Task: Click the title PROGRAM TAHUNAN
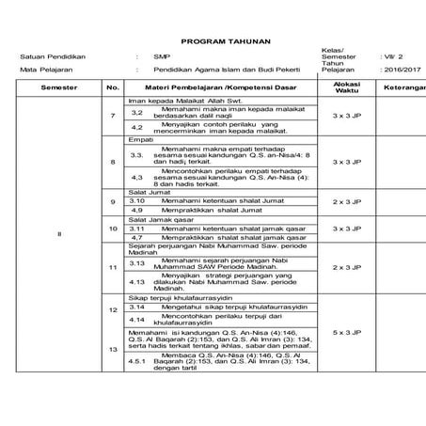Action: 212,42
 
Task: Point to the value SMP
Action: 163,56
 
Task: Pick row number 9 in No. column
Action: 113,201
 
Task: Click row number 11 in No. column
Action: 113,267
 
